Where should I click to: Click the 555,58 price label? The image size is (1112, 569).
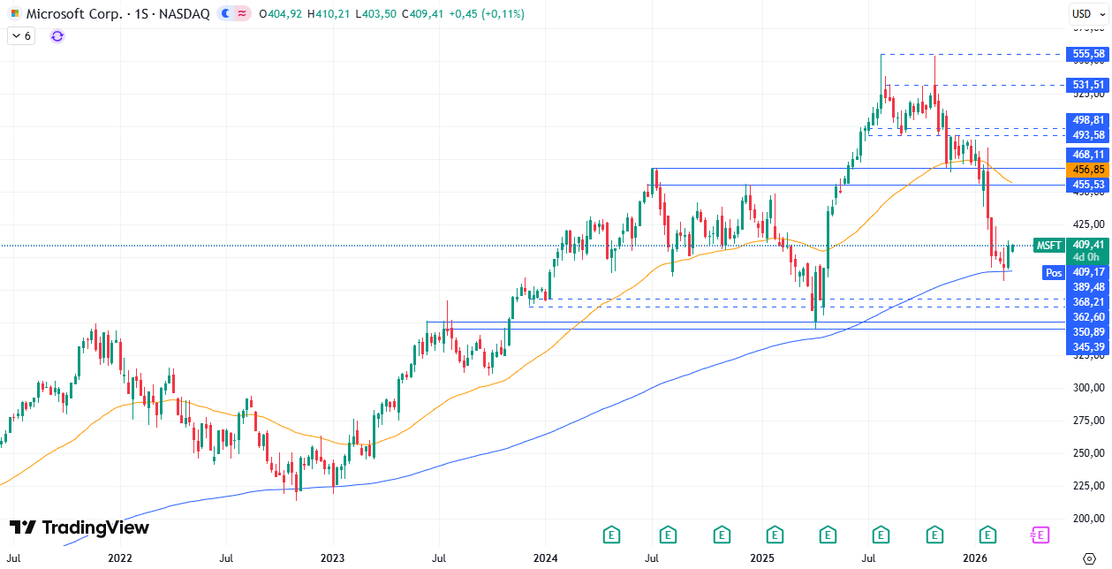1088,54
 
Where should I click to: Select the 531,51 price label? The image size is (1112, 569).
1088,85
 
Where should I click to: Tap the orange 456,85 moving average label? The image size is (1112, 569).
1088,169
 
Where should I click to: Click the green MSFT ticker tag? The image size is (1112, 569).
1048,246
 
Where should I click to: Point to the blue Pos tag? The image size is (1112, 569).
1054,273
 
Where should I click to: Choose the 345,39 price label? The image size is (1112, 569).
1088,347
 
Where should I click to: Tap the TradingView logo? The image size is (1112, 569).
79,527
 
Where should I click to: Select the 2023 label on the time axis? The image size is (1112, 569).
332,558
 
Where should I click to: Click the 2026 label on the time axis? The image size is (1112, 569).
974,558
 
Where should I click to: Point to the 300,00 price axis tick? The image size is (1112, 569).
1090,388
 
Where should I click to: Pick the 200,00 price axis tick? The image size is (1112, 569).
1090,519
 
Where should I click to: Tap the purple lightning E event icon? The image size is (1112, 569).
1040,535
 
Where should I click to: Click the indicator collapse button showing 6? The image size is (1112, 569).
20,36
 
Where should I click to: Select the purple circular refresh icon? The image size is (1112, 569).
57,36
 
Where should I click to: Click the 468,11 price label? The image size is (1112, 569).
1088,154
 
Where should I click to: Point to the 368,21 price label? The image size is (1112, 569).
1088,301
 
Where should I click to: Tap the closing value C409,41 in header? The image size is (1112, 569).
421,14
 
